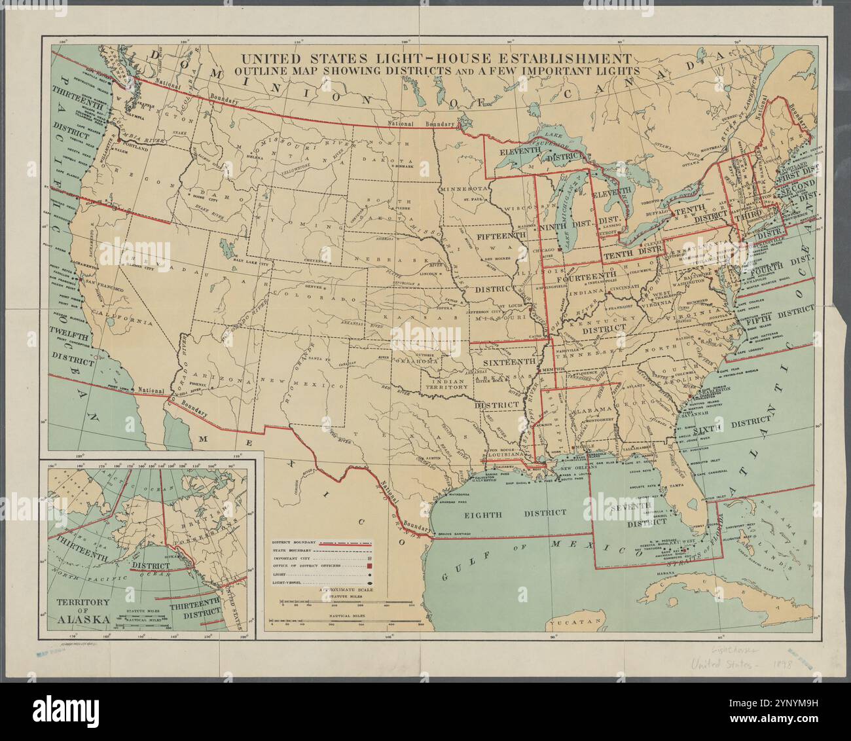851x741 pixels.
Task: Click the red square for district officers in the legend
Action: [370, 566]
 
